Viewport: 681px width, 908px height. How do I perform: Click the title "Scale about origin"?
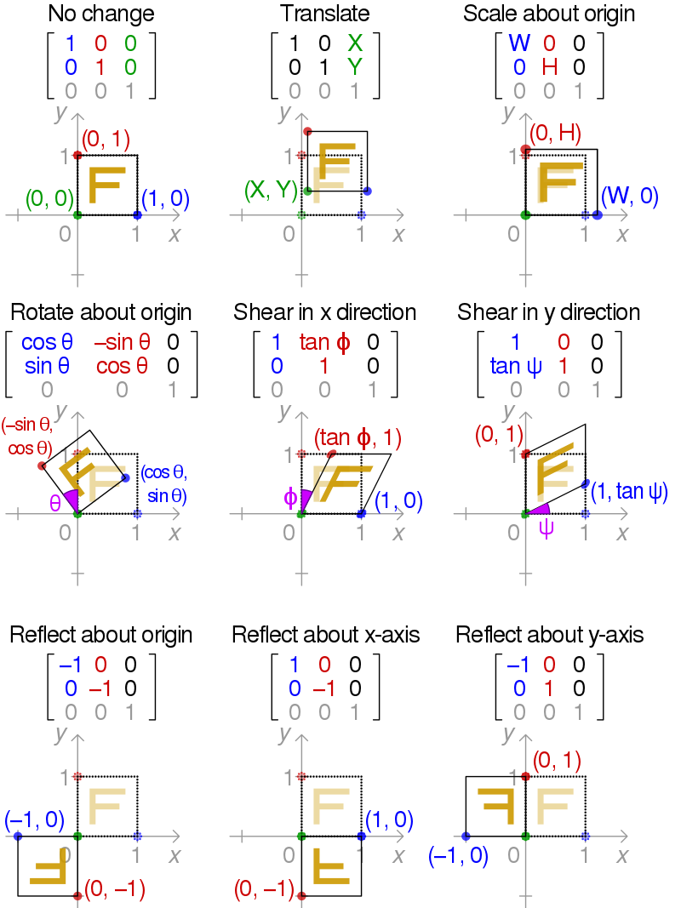click(x=549, y=14)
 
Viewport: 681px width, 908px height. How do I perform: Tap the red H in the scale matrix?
click(x=549, y=66)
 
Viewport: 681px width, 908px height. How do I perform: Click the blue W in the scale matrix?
click(x=518, y=43)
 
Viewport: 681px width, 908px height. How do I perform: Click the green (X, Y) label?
click(x=270, y=190)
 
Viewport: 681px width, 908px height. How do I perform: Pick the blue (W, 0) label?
click(x=629, y=196)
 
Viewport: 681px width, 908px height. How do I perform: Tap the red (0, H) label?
click(x=554, y=133)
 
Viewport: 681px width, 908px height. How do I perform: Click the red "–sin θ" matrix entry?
click(x=122, y=343)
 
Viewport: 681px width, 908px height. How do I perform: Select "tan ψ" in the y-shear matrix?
click(x=516, y=366)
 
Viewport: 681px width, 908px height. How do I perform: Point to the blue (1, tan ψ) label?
click(x=629, y=492)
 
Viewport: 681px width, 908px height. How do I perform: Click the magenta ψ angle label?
click(x=547, y=528)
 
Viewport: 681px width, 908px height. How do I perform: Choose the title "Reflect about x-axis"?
click(x=325, y=635)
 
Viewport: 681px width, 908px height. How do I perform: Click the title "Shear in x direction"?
click(x=325, y=312)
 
